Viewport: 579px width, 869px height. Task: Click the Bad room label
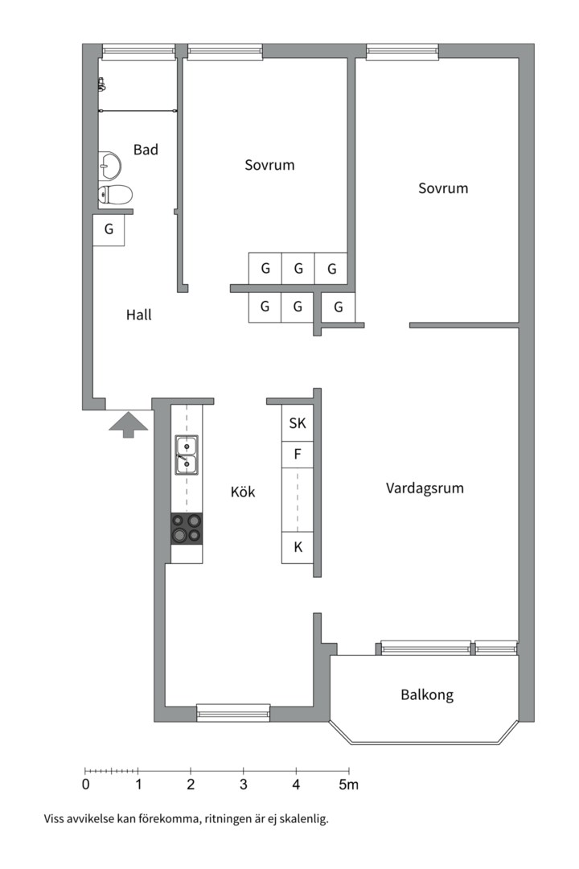(x=146, y=150)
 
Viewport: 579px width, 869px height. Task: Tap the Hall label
(x=138, y=315)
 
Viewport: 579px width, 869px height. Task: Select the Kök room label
(x=243, y=492)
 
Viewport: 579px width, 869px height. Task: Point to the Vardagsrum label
(x=425, y=488)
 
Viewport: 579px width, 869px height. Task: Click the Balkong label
(x=426, y=694)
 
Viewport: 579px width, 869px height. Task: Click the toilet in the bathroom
(x=115, y=194)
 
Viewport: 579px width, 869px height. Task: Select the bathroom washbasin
(x=109, y=165)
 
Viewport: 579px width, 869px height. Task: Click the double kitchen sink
(x=187, y=454)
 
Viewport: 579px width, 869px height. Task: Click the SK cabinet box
(x=298, y=422)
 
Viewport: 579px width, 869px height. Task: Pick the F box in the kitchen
(x=298, y=455)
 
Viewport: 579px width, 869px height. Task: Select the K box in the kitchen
(x=298, y=547)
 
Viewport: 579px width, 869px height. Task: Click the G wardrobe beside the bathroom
(x=109, y=230)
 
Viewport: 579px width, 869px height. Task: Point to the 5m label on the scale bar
(x=348, y=785)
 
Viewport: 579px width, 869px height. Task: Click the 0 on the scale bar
(x=85, y=785)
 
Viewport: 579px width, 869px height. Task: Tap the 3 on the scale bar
(x=243, y=785)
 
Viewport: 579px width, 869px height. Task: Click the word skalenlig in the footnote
(x=304, y=820)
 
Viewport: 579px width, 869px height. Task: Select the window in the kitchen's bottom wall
(x=233, y=712)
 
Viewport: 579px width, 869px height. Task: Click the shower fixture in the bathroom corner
(x=102, y=84)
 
